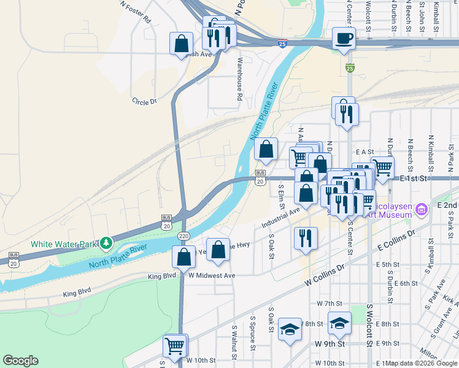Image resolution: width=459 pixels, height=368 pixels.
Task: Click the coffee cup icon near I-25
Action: tap(344, 38)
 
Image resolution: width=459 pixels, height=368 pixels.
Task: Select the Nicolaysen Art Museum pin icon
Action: tap(421, 210)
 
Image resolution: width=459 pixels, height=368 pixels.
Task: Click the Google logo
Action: tap(20, 361)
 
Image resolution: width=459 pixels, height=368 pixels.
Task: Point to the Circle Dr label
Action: tap(145, 101)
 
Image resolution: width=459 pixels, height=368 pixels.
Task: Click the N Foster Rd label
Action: tap(136, 12)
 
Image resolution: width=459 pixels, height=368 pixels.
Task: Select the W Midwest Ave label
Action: tap(212, 276)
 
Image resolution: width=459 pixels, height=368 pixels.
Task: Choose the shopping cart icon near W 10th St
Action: tap(175, 345)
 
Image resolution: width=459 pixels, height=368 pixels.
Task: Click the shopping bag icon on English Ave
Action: tap(182, 43)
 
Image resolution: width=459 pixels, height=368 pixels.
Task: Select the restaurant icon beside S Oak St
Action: tap(305, 238)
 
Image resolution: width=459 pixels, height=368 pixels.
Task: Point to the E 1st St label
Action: tap(413, 178)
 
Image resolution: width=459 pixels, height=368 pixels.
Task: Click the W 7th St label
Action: tap(329, 304)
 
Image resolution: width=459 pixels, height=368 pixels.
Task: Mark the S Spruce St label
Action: tap(252, 334)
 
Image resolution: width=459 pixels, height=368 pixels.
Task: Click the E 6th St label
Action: tap(406, 283)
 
